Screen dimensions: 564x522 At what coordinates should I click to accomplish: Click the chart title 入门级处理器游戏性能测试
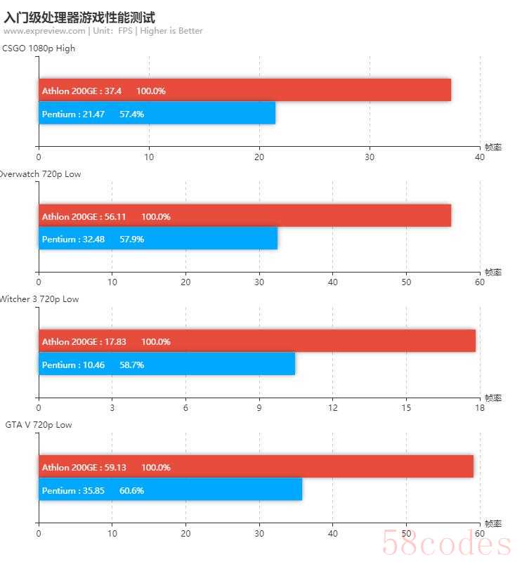tap(79, 17)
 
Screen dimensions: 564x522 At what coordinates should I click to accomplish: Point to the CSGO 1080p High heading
tap(39, 48)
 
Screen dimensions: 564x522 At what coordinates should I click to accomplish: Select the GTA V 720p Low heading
tap(39, 425)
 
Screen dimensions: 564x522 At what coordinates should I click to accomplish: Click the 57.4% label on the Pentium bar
tap(132, 114)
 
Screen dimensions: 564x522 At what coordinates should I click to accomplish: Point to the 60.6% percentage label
tap(132, 490)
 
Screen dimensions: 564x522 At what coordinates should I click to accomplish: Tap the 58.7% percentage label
tap(132, 365)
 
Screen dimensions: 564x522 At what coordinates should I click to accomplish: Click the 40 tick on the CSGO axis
tap(480, 157)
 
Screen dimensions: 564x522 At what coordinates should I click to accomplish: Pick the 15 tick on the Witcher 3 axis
tap(406, 408)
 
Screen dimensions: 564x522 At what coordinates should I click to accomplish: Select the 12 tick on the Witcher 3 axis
tap(333, 408)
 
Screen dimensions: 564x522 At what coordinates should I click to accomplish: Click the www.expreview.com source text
tap(44, 31)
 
